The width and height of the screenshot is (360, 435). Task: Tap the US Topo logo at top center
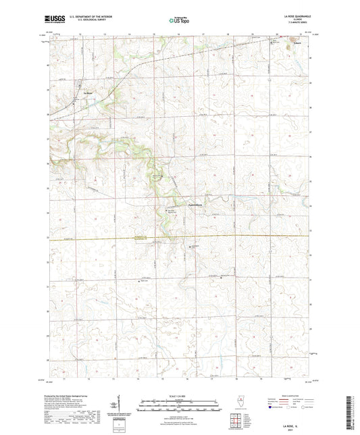tap(179, 21)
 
